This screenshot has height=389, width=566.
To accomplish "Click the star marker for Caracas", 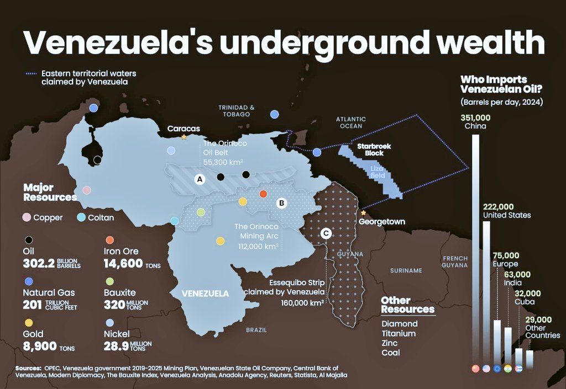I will click(x=184, y=137).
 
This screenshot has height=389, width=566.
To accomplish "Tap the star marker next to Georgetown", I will click(x=363, y=212).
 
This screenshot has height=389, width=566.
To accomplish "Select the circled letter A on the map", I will click(x=200, y=179).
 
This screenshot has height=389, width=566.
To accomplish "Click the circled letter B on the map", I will click(x=281, y=203).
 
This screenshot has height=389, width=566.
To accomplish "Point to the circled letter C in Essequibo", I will click(x=326, y=233).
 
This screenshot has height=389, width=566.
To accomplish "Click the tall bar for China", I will click(x=475, y=248).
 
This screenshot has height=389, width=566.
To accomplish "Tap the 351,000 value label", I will click(x=475, y=118).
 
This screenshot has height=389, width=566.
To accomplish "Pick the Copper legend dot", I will click(x=26, y=217).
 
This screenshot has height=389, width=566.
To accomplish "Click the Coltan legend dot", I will click(x=81, y=217).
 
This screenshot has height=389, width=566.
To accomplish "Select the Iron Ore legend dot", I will click(x=110, y=240).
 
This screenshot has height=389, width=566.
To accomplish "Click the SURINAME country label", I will click(x=406, y=271).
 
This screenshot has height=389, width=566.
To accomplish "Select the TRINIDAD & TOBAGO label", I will click(x=237, y=111).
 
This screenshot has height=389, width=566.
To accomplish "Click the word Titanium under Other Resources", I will click(x=399, y=333).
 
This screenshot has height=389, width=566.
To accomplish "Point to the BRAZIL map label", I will click(x=256, y=330).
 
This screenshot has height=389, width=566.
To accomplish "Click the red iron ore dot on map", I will click(x=263, y=194).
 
